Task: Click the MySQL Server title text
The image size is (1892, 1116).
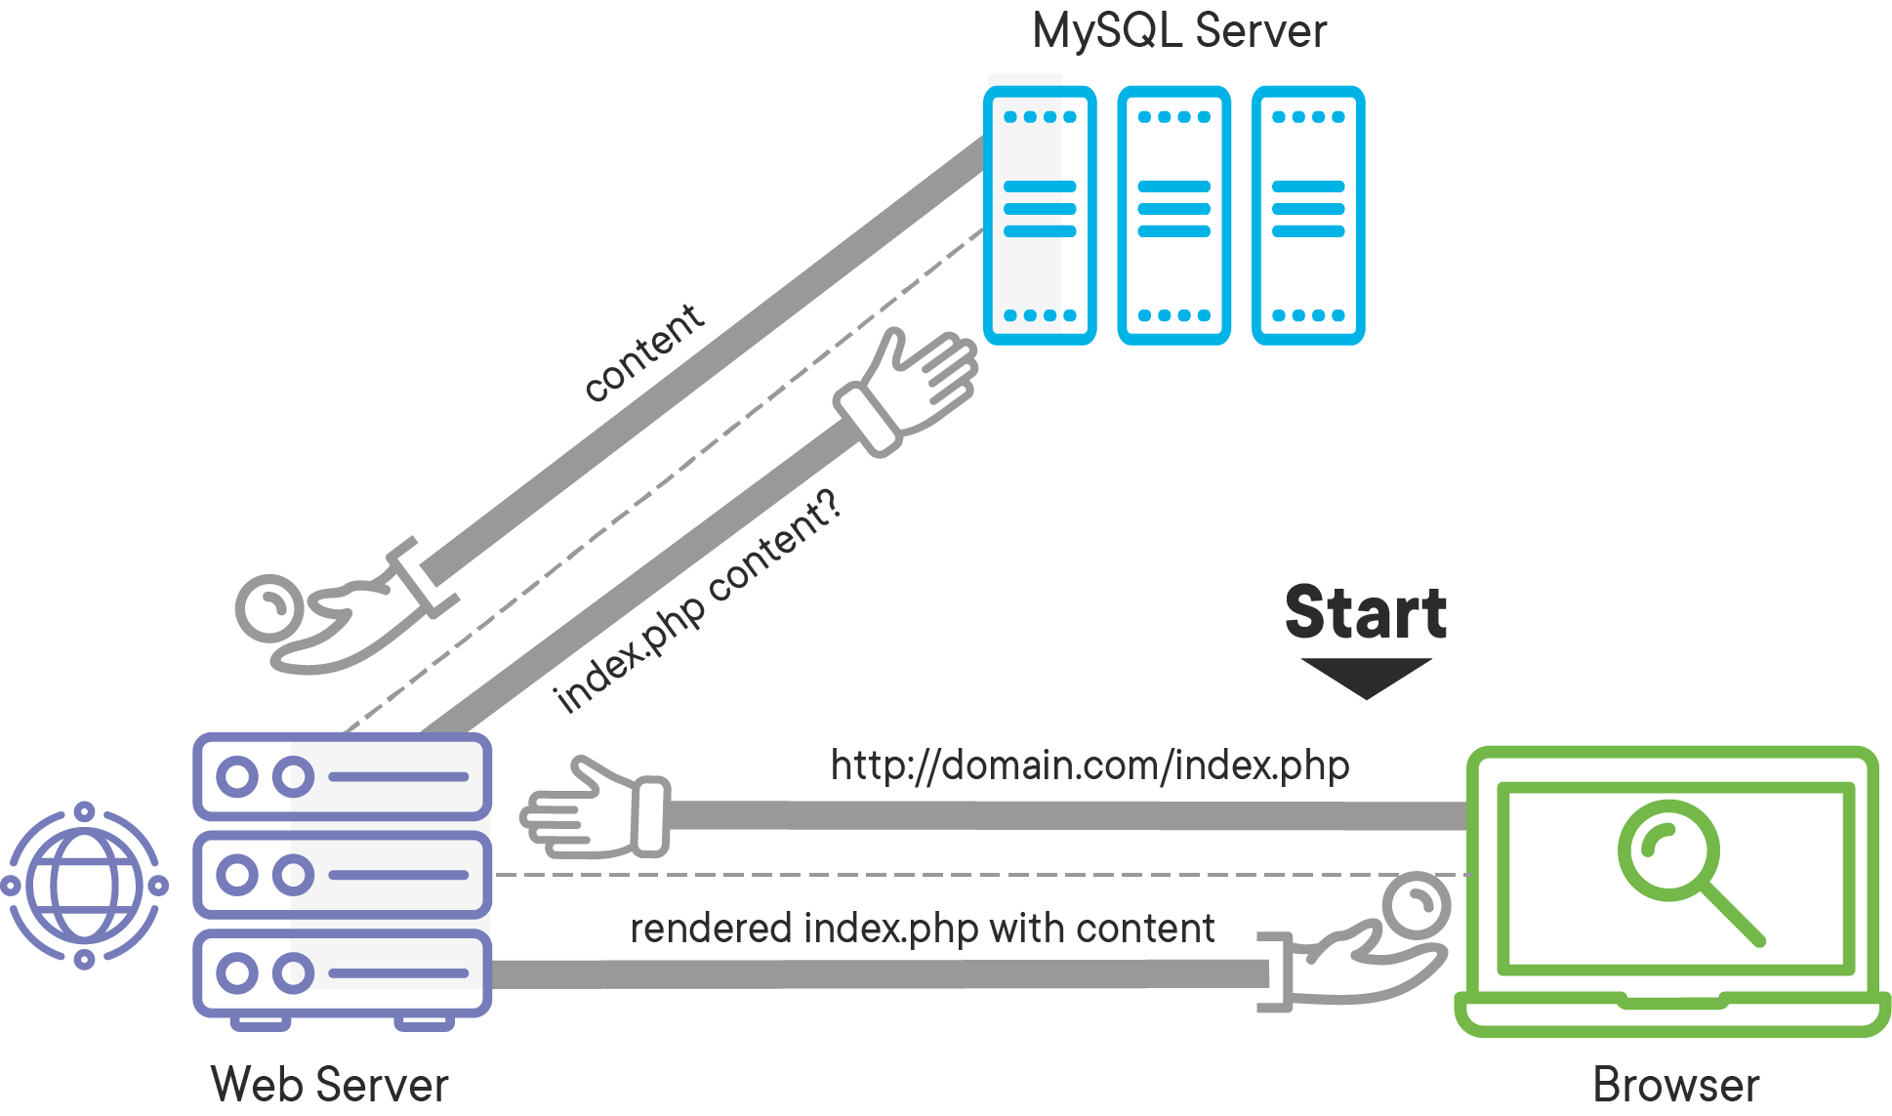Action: (x=1178, y=31)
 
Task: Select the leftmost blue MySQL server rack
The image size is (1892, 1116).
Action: (x=1040, y=215)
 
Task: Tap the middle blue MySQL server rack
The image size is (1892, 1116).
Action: (x=1173, y=215)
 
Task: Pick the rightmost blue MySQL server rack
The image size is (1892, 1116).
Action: (x=1308, y=215)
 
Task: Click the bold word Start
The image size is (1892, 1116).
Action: (x=1366, y=612)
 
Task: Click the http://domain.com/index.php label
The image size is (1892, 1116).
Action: (x=1090, y=765)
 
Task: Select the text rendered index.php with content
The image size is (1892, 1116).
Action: (x=922, y=929)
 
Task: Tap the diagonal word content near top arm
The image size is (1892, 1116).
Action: (x=644, y=353)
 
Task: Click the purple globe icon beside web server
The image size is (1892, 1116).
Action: (x=85, y=886)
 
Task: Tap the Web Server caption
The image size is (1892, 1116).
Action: (x=329, y=1085)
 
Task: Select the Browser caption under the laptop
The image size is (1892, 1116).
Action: (x=1675, y=1085)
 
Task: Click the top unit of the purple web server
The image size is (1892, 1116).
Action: (x=342, y=777)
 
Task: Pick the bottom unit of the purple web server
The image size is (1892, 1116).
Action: (x=342, y=973)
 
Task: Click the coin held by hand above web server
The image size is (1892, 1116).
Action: (x=269, y=607)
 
